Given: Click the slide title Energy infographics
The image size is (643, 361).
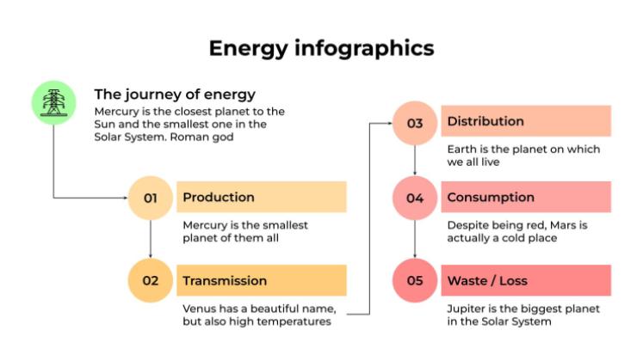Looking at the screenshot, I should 321,48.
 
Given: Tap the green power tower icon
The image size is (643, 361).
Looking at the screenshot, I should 53,102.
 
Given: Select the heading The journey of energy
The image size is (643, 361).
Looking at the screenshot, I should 175,95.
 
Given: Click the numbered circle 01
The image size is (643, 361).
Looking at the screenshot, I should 151,198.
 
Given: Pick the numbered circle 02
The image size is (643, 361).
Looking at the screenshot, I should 151,281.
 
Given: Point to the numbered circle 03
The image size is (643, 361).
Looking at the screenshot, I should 415,123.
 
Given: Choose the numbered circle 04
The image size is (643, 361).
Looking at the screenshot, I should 415,199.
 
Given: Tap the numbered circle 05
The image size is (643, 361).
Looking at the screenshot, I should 415,281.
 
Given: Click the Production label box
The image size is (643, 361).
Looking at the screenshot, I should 261,197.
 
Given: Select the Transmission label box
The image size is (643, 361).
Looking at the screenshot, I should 261,280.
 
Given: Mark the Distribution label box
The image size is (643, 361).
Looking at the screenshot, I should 525,121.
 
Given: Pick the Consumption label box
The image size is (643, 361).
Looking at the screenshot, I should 525,197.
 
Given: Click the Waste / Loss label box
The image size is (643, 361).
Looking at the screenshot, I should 525,280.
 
